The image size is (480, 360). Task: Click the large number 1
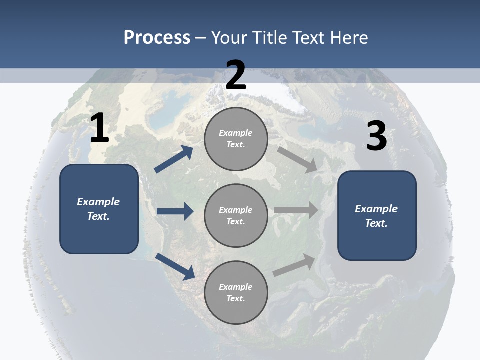point(99,128)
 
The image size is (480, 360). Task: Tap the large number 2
point(236,75)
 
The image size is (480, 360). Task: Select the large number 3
point(376,136)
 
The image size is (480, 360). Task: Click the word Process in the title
point(157,37)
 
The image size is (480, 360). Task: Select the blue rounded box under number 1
point(99,209)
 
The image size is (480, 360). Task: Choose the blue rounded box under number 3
point(377,216)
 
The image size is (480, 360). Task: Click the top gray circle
point(236,139)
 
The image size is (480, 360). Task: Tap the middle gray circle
point(236,216)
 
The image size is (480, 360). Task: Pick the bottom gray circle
point(236,293)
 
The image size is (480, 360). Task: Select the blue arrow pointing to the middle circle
point(175,211)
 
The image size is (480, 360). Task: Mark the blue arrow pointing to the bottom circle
point(175,266)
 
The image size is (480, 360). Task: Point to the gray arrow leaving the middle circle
point(296,210)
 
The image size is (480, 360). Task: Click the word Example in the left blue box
point(98,202)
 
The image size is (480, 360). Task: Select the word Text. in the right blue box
point(376,223)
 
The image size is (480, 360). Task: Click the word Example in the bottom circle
point(235,287)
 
